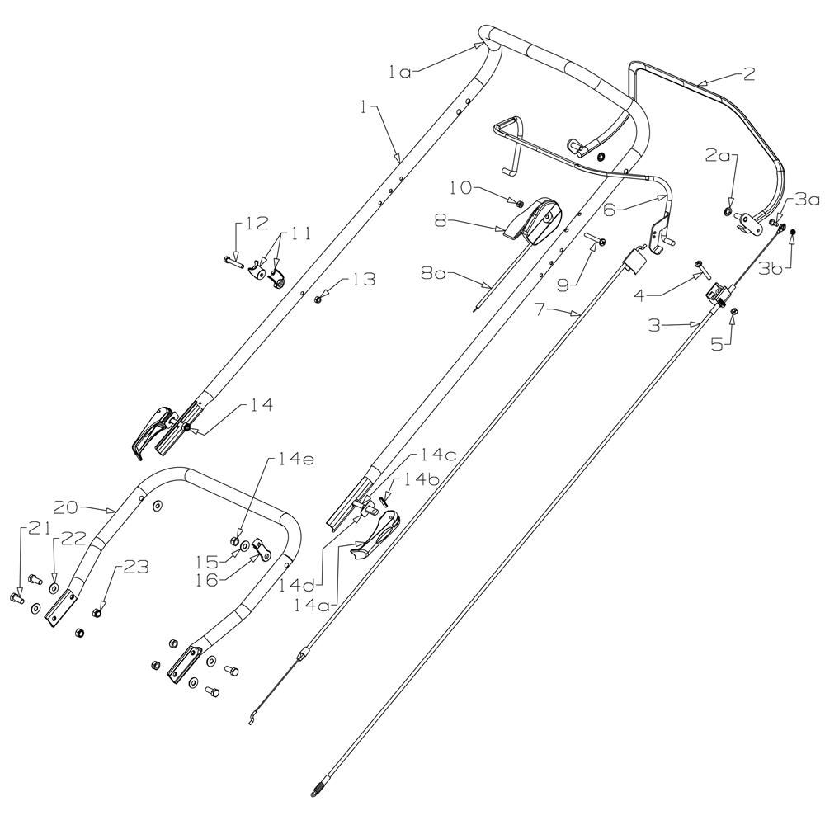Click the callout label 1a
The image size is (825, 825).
[x=399, y=72]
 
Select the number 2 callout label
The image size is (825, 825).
[x=747, y=74]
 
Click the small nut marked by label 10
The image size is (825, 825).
[x=519, y=203]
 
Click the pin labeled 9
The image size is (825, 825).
[x=598, y=240]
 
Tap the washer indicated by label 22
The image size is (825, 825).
[x=54, y=588]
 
